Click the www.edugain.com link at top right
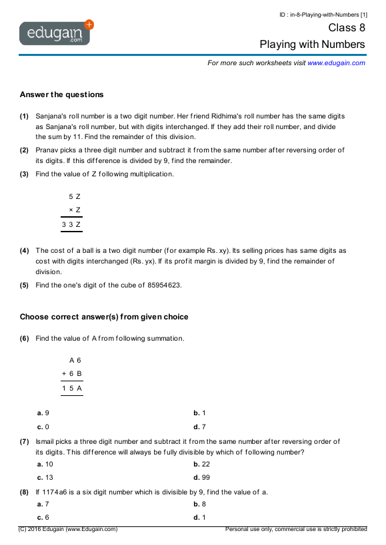(x=336, y=63)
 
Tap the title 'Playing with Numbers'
(x=312, y=45)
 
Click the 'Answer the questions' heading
(x=61, y=94)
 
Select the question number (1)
(x=24, y=116)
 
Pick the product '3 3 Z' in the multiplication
(x=71, y=225)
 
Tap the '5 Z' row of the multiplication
(x=74, y=197)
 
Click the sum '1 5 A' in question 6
(x=71, y=387)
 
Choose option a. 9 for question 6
(x=43, y=413)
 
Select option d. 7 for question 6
(x=199, y=427)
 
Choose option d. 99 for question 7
(x=201, y=477)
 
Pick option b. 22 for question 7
(x=201, y=464)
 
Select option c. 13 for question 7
(x=45, y=477)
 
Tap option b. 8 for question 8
(x=199, y=504)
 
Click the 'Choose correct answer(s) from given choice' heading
(x=104, y=317)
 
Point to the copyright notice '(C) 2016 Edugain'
(x=68, y=529)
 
